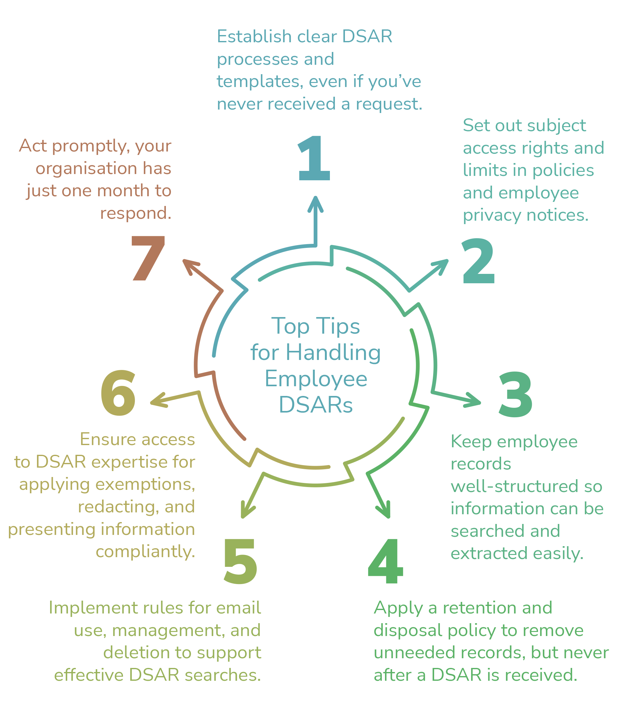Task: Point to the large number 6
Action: click(118, 393)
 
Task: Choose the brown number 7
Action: click(148, 258)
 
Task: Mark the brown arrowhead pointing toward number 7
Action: click(190, 265)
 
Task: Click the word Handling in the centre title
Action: click(333, 353)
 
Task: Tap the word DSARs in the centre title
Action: click(316, 405)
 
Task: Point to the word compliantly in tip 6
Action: click(145, 552)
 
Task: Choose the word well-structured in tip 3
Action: click(514, 486)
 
